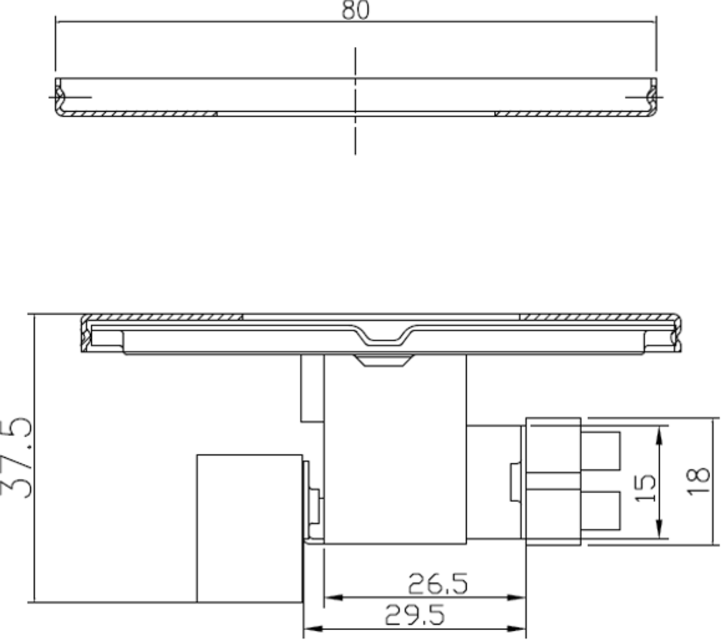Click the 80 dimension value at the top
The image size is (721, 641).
(x=356, y=10)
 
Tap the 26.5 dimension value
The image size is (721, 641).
(x=437, y=584)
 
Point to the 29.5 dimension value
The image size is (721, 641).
(x=415, y=615)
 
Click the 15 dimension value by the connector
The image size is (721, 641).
(x=645, y=488)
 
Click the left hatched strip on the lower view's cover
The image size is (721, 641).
(x=162, y=317)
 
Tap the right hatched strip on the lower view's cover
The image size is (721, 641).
(x=595, y=317)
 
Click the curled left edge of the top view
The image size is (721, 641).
(x=59, y=96)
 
